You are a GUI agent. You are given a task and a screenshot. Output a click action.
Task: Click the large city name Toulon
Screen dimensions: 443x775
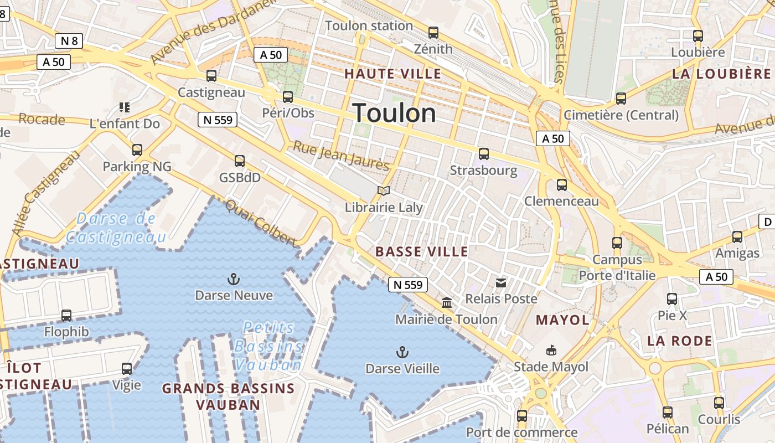[394, 113]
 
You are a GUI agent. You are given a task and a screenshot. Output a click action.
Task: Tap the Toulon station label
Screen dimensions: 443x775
[369, 25]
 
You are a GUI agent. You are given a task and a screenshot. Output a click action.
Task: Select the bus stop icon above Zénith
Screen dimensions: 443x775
[433, 33]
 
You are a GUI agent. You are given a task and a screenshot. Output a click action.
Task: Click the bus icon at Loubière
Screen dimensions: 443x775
[698, 36]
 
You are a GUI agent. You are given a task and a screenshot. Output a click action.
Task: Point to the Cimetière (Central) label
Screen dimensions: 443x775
[621, 115]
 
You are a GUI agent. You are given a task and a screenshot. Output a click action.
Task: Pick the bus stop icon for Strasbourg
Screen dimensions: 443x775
[484, 154]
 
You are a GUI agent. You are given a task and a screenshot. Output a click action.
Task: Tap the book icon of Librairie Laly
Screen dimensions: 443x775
[384, 191]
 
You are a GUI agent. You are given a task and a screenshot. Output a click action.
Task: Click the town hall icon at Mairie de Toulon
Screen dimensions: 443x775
[447, 303]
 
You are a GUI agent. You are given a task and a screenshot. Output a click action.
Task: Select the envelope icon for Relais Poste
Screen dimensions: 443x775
[501, 283]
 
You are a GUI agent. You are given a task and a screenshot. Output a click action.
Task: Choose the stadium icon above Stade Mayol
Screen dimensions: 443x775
[551, 350]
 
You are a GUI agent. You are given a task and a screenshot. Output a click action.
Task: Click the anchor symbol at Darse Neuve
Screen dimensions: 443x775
[234, 279]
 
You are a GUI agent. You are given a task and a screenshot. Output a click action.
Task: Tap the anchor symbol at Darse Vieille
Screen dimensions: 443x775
[402, 352]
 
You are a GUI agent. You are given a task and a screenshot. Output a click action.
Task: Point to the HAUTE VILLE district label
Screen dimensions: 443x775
[393, 74]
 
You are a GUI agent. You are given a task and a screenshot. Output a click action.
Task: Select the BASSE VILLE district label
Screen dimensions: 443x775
[422, 251]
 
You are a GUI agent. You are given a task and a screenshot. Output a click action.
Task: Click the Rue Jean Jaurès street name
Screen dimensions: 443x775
[341, 156]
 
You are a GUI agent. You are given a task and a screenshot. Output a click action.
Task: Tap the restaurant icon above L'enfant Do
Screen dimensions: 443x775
[125, 107]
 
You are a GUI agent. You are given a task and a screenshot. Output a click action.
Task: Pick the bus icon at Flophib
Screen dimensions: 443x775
[66, 316]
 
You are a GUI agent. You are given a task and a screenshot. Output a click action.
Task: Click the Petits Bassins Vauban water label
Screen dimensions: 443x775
[269, 346]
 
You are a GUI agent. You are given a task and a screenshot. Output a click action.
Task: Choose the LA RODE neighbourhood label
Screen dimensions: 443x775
[680, 341]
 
